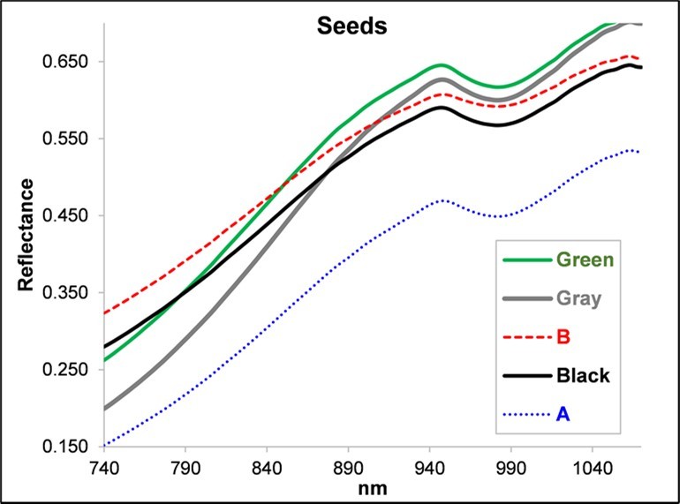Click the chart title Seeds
[351, 26]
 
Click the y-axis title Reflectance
[27, 235]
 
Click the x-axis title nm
[375, 486]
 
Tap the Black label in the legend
[583, 376]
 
